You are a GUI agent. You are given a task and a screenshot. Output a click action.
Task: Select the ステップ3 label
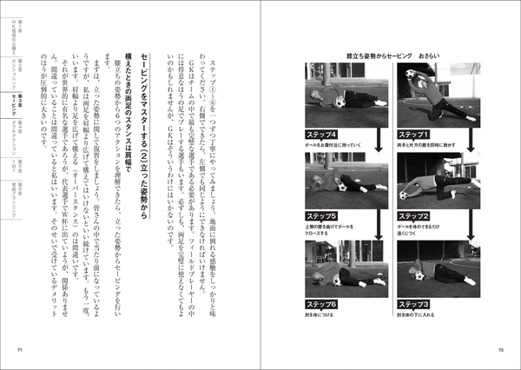click(x=413, y=303)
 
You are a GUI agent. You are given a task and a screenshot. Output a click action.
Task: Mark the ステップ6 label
click(x=322, y=303)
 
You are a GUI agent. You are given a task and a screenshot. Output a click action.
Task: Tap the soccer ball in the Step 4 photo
click(x=340, y=102)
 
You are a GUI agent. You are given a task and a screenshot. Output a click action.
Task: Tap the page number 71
click(x=20, y=350)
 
